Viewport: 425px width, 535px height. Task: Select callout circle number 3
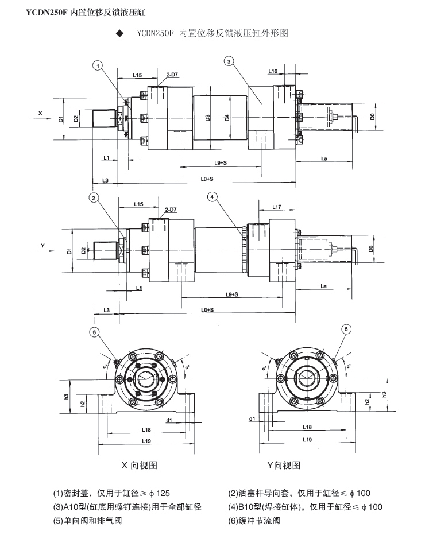tap(229, 61)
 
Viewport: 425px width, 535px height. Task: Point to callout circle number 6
tap(95, 331)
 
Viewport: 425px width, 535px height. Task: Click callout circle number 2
tap(94, 198)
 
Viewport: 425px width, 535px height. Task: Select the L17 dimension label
tap(276, 206)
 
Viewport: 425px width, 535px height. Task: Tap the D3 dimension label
tap(207, 118)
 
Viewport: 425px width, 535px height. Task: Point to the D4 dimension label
tap(227, 118)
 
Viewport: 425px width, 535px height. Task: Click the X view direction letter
tap(40, 113)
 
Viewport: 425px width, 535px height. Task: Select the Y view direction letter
tap(42, 245)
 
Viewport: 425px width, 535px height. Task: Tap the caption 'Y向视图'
tap(284, 465)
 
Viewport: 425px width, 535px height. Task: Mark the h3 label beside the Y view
tap(383, 393)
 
